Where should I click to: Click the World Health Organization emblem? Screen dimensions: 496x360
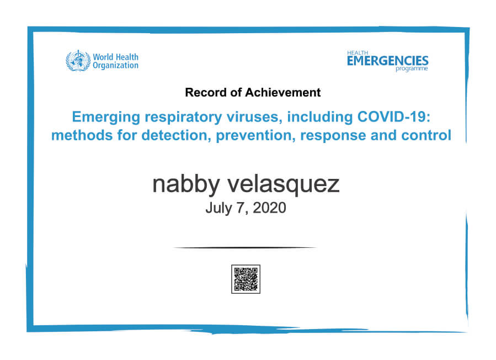click(x=78, y=61)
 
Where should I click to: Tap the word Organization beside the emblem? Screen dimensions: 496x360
click(x=115, y=66)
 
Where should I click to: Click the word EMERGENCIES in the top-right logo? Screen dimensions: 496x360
click(x=387, y=61)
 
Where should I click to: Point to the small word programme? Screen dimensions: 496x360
click(x=412, y=68)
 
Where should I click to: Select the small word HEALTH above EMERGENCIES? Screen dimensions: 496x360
click(x=358, y=53)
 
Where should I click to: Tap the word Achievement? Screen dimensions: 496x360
click(x=283, y=92)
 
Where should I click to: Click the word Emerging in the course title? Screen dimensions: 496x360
click(x=106, y=117)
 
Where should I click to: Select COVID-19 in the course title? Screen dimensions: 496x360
click(x=394, y=117)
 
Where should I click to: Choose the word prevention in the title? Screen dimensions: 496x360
click(x=255, y=136)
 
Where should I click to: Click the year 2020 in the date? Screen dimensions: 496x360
click(x=269, y=208)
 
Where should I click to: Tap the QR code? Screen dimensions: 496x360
click(x=246, y=279)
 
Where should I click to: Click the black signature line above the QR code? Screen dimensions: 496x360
click(x=245, y=247)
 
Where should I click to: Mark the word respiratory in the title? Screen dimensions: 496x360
click(x=184, y=118)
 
